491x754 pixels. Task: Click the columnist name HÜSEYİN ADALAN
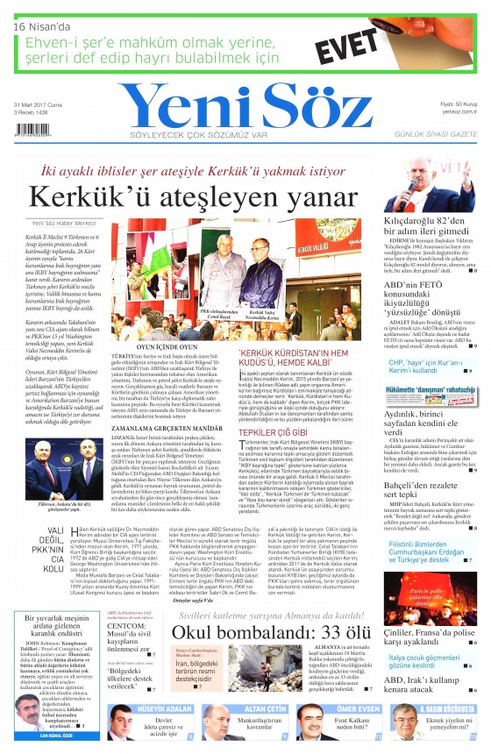(158, 708)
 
